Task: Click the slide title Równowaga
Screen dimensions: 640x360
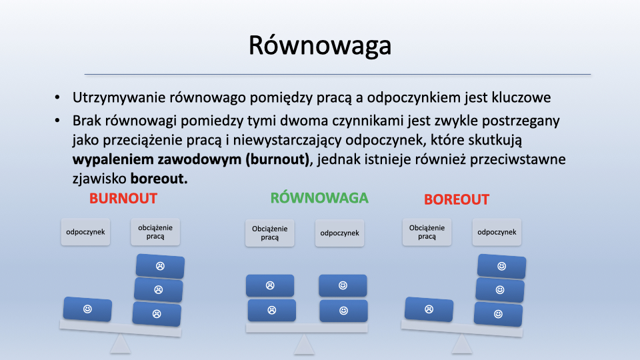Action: [320, 45]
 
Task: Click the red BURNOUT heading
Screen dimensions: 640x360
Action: [123, 199]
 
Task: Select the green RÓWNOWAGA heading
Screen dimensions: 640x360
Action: [319, 197]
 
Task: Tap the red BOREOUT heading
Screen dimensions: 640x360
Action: [456, 199]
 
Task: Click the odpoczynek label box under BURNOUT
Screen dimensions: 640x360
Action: [86, 232]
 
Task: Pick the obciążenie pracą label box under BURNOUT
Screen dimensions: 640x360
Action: [155, 232]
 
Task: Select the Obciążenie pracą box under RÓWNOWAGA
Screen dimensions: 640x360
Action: [270, 233]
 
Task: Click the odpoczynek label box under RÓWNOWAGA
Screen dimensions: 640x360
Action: [339, 233]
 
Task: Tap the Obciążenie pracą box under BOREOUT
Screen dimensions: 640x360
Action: [427, 232]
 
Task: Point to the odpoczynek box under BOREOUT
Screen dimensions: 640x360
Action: [497, 232]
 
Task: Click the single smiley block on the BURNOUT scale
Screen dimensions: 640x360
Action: [87, 309]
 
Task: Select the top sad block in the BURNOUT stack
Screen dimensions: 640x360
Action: [160, 266]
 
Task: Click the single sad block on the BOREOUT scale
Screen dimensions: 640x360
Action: [429, 309]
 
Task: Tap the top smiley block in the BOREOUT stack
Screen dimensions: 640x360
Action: [501, 266]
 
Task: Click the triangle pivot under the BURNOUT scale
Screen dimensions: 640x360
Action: [121, 344]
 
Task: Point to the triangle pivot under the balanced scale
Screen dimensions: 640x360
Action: [304, 344]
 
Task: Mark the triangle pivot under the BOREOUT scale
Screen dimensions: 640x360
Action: [461, 344]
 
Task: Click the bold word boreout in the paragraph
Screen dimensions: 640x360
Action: [159, 179]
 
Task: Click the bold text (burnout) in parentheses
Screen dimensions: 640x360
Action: [277, 159]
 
